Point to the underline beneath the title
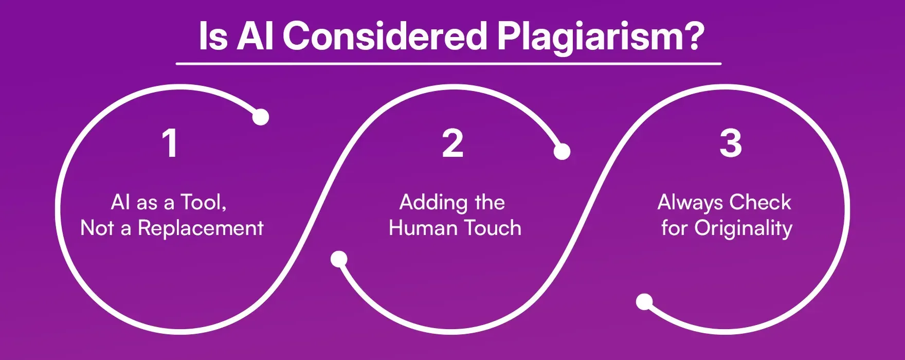[x=448, y=64]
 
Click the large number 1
[x=170, y=143]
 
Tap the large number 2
[x=452, y=143]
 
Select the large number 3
[x=730, y=143]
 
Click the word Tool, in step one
[x=204, y=203]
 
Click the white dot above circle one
[x=261, y=117]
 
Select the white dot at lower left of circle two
[x=339, y=259]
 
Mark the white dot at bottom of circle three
[x=644, y=302]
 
